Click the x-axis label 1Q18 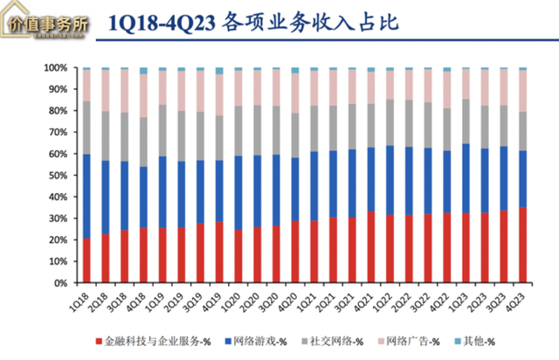[79, 300]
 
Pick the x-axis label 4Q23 [517, 300]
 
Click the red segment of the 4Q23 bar [523, 246]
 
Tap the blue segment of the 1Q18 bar [86, 197]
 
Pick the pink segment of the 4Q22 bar [447, 90]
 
